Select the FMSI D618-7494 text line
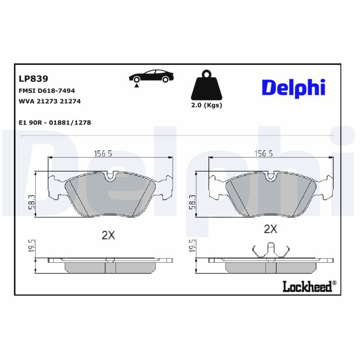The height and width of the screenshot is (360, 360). click(x=46, y=90)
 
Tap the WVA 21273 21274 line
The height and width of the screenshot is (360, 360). click(x=49, y=101)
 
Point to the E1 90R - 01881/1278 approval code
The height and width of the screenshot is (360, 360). click(x=55, y=122)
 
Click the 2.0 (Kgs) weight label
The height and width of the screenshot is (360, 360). click(x=207, y=105)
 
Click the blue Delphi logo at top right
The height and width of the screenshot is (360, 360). click(x=293, y=87)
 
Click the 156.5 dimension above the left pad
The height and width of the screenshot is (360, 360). click(x=103, y=153)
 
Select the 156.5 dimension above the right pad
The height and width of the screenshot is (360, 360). click(x=265, y=153)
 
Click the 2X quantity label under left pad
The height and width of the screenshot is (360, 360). click(x=108, y=235)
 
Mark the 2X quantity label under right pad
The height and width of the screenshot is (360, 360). click(x=270, y=229)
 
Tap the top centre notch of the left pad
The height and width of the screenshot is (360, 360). click(x=110, y=177)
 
